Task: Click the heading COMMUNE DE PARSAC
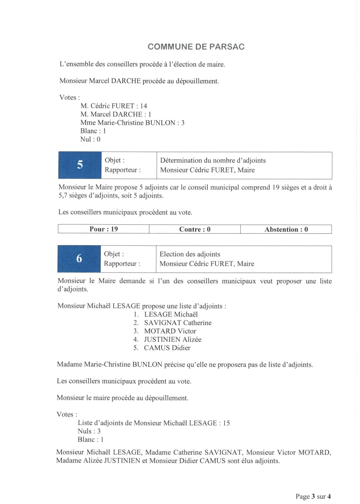point(196,47)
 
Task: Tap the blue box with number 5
point(80,165)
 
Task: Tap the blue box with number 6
point(79,259)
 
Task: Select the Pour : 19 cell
point(104,229)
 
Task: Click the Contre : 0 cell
point(195,229)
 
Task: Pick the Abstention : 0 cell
point(286,229)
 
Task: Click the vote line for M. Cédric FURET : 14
point(114,106)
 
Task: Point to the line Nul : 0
point(90,139)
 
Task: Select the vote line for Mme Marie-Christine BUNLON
point(132,123)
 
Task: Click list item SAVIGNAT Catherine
point(178,323)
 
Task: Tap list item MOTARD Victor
point(170,331)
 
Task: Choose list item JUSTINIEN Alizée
point(173,339)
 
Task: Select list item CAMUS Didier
point(167,348)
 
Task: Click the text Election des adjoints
point(190,254)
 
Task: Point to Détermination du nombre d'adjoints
point(213,160)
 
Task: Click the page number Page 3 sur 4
point(313,496)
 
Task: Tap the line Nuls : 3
point(89,431)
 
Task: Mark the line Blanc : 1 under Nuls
point(91,439)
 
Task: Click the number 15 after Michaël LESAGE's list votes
point(226,423)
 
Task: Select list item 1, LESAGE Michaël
point(171,314)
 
